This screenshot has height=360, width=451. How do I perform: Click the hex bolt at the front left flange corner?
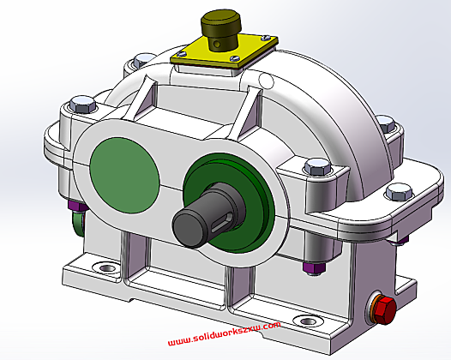click(82, 108)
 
